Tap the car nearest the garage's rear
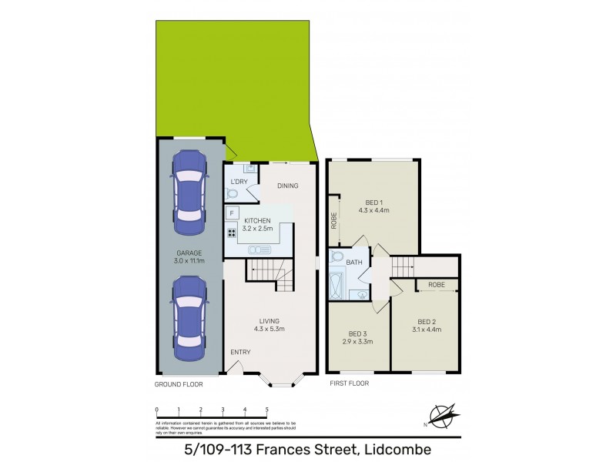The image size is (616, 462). coord(189,192)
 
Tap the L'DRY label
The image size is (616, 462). coord(239,182)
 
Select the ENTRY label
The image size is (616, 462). coord(240,353)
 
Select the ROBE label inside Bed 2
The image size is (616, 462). coord(437,284)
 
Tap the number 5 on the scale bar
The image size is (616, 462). coord(266,410)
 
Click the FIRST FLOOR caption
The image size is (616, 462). coord(350,383)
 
